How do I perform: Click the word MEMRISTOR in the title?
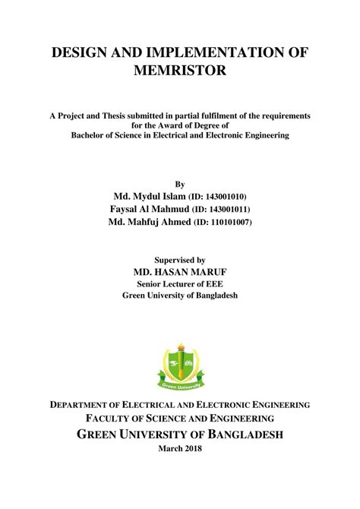coord(179,71)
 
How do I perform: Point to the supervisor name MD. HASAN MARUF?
coord(180,271)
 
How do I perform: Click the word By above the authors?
coord(180,183)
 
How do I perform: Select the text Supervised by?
coord(180,258)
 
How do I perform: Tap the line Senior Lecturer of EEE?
coord(180,284)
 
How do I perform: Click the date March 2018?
coord(180,448)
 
